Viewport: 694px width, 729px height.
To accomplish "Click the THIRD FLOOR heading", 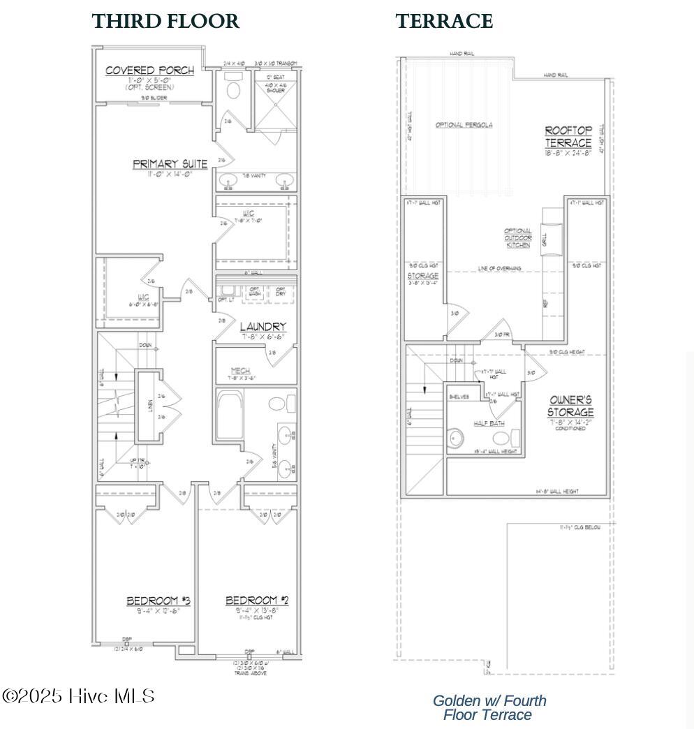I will click(165, 22).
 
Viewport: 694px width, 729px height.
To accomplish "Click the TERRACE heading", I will click(444, 22).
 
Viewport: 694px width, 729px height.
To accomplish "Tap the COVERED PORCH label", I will click(149, 71).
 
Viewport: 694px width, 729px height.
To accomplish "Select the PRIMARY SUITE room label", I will click(170, 165).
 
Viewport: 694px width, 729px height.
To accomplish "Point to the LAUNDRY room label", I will click(263, 327).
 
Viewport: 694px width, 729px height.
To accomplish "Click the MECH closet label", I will click(242, 371).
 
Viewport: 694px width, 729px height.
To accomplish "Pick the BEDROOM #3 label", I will click(158, 601).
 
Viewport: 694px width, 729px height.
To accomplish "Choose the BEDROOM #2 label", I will click(257, 601).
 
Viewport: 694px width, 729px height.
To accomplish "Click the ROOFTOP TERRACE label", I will click(568, 137).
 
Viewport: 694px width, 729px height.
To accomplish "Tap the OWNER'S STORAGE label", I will click(570, 406).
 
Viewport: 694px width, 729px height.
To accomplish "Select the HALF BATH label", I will click(489, 423).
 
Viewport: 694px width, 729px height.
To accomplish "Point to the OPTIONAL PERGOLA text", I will click(464, 125).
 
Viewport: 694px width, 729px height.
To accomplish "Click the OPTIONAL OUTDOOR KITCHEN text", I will click(518, 238).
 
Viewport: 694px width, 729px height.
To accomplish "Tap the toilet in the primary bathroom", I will click(233, 91).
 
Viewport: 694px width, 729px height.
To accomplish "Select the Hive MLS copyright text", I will click(78, 696).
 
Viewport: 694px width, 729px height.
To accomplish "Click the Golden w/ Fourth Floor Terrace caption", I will click(489, 707).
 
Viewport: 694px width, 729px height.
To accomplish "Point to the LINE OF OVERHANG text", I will click(499, 268).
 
